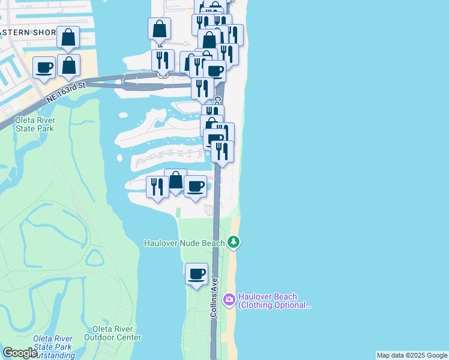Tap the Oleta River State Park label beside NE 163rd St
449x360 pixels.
pos(34,124)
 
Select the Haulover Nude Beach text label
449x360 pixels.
pos(184,243)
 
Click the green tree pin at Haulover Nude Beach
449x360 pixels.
pos(234,242)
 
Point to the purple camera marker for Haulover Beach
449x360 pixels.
pos(229,299)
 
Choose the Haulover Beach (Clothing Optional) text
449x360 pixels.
pos(275,301)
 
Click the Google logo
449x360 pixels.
pos(19,353)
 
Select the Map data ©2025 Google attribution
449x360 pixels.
pos(412,355)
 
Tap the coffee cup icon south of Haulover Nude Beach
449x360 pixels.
pos(196,274)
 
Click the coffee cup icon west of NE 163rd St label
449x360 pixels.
pos(44,67)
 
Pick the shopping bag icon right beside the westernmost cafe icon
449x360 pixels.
pos(69,65)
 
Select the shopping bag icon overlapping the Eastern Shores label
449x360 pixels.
pos(68,37)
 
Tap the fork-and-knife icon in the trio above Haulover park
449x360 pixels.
pos(157,187)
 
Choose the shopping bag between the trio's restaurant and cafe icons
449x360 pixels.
pos(175,180)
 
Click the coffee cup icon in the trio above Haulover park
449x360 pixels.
pos(195,186)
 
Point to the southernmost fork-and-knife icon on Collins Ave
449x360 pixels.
pos(222,151)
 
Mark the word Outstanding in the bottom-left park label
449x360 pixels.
pos(55,355)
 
